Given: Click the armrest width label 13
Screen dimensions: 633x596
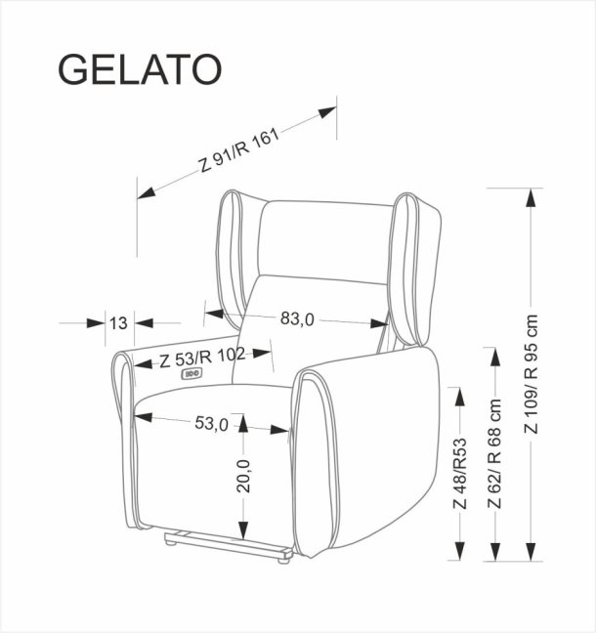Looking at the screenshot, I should coord(119,322).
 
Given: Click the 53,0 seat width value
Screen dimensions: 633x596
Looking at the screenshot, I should coord(210,423).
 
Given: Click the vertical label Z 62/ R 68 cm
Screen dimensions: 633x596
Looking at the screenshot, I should coord(495,453).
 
